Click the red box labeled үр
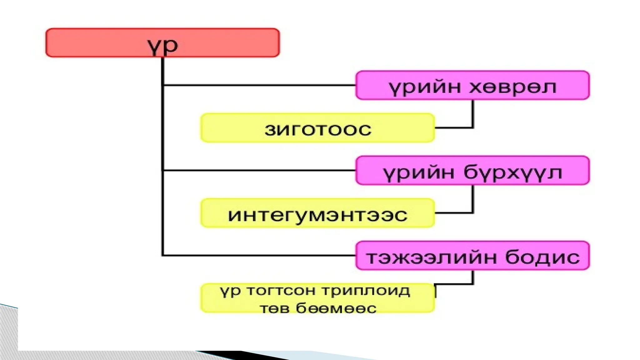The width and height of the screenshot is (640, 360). coord(162,43)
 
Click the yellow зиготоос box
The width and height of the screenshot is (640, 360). coord(317,128)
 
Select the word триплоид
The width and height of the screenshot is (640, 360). coord(365,290)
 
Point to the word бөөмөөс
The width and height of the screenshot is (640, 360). coord(336,308)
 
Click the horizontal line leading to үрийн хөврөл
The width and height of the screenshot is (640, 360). coord(259,85)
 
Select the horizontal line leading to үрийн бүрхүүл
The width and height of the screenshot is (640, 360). coord(259,170)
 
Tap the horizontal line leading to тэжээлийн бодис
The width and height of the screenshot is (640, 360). coord(259,255)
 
